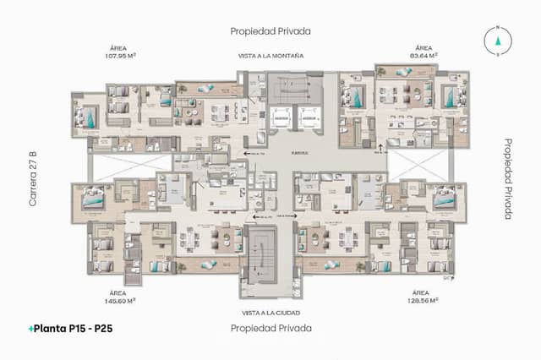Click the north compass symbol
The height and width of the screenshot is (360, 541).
pyautogui.click(x=499, y=39)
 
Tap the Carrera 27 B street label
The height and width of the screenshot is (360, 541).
pyautogui.click(x=34, y=179)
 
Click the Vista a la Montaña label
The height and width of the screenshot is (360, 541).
pyautogui.click(x=270, y=56)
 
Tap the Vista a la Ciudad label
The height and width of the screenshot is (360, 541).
pyautogui.click(x=270, y=312)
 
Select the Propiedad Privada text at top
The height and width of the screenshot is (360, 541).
pyautogui.click(x=270, y=30)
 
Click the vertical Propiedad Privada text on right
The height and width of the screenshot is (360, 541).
pyautogui.click(x=509, y=179)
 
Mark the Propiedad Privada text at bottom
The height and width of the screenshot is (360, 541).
pyautogui.click(x=270, y=327)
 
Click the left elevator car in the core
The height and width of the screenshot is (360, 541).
pyautogui.click(x=280, y=120)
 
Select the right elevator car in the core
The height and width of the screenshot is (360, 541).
pyautogui.click(x=309, y=120)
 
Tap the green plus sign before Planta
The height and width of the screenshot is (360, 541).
pyautogui.click(x=30, y=327)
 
